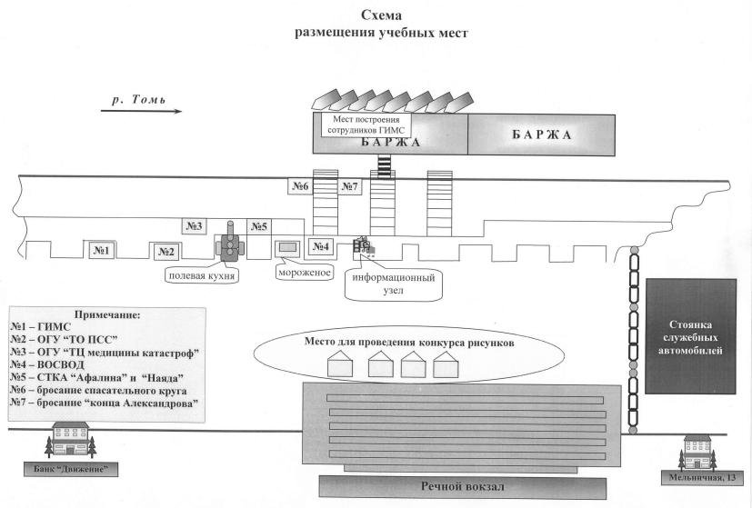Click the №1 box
point(102,250)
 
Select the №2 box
point(166,252)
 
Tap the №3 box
point(195,225)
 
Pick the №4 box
point(320,246)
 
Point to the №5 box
point(259,226)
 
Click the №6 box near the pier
point(300,186)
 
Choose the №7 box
point(349,186)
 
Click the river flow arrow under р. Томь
point(141,111)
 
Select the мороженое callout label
point(305,273)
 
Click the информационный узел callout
point(393,284)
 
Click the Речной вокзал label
point(463,486)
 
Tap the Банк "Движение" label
point(71,469)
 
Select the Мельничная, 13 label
point(702,477)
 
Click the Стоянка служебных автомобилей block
point(690,336)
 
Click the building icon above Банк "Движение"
point(71,439)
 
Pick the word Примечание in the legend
point(107,314)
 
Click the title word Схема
point(381,15)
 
